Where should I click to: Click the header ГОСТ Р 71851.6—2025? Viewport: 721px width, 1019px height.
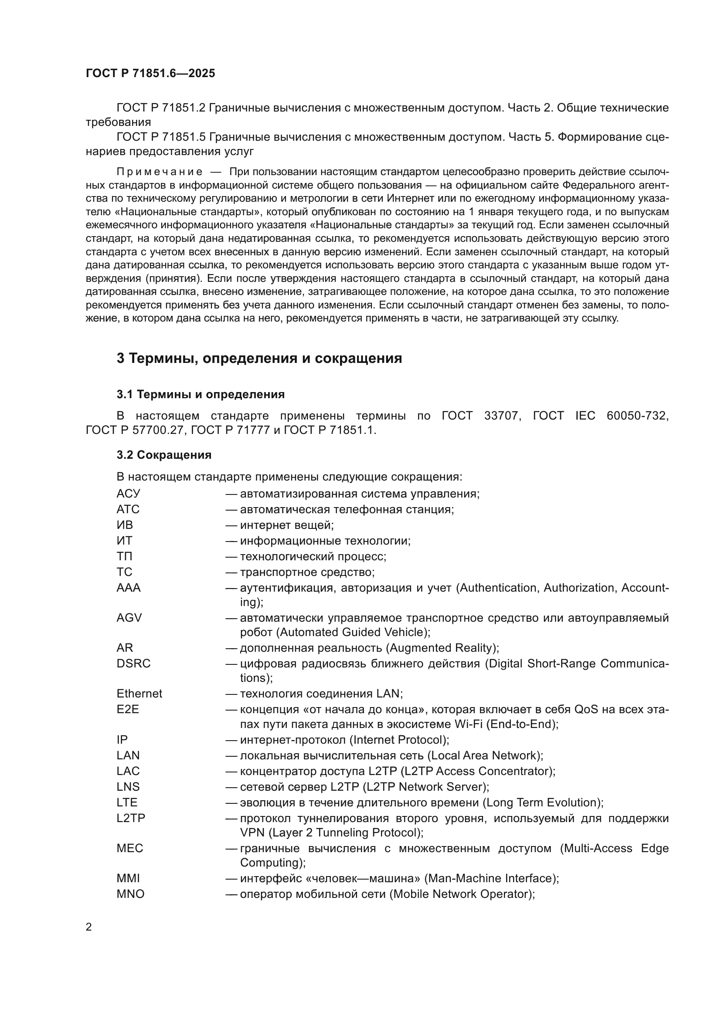[x=150, y=73]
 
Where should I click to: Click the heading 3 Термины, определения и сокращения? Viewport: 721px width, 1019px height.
[x=259, y=358]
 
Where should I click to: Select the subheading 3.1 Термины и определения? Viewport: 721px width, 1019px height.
[x=201, y=394]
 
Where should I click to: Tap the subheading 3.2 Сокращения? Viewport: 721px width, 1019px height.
[x=164, y=455]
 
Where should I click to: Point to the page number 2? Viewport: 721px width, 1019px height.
[x=89, y=927]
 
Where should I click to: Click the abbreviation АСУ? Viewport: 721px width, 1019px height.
[x=128, y=494]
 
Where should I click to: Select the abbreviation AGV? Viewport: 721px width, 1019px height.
[x=129, y=618]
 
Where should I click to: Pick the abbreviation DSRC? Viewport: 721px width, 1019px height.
[x=134, y=664]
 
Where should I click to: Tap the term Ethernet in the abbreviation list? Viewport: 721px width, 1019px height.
[x=139, y=694]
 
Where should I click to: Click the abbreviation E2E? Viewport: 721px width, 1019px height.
[x=128, y=709]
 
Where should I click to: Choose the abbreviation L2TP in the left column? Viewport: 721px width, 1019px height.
[x=131, y=818]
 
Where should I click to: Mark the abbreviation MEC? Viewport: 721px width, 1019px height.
[x=130, y=848]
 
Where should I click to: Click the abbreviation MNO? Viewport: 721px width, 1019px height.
[x=130, y=894]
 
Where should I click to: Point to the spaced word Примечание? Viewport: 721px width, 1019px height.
[x=160, y=172]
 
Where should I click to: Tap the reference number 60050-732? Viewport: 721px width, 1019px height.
[x=637, y=416]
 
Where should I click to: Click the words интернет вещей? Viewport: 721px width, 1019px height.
[x=286, y=525]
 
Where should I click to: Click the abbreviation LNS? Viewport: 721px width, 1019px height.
[x=128, y=787]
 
